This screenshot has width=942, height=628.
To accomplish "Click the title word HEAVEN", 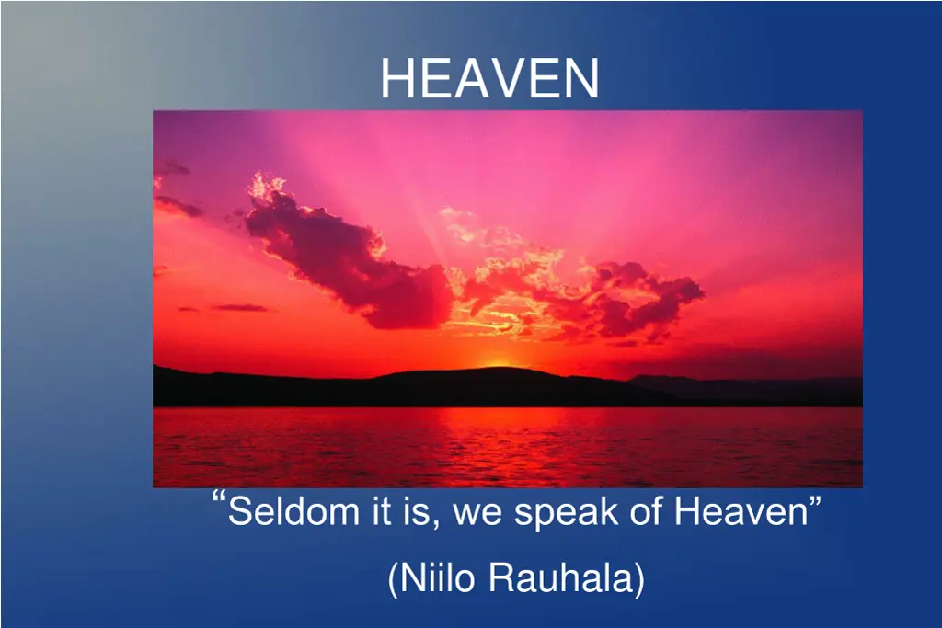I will [489, 78].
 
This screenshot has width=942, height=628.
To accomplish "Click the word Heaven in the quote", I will [741, 512].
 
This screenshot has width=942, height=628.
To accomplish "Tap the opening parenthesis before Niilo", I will [394, 580].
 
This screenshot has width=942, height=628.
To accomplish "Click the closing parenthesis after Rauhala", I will [638, 580].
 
